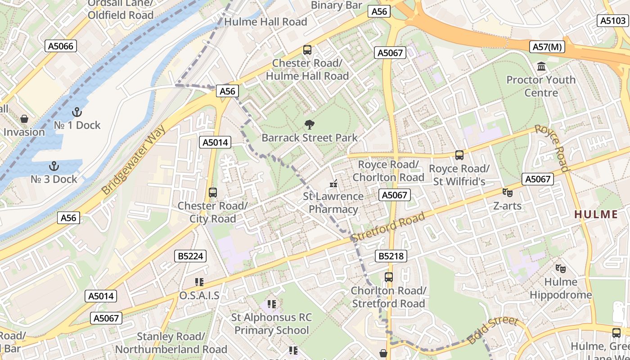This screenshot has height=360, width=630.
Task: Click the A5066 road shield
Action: [61, 45]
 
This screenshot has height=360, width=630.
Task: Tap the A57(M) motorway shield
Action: [548, 46]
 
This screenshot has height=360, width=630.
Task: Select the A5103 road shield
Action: [612, 20]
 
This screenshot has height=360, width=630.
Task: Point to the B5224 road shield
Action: [191, 256]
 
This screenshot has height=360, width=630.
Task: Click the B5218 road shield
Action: [391, 256]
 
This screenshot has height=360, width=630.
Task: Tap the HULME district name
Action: [602, 214]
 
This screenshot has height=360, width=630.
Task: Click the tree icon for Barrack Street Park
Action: [309, 125]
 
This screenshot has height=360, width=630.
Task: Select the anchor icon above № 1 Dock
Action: [77, 112]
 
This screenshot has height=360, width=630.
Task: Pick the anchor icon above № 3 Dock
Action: [54, 166]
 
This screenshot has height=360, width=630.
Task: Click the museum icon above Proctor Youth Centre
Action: [541, 67]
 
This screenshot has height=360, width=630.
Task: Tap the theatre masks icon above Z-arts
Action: [508, 193]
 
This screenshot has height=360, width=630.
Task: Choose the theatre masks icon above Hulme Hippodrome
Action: [561, 269]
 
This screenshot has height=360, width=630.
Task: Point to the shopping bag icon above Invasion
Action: [24, 119]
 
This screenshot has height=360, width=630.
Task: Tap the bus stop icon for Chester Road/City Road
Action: [213, 193]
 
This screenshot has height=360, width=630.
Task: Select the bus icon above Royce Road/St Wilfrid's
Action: [459, 155]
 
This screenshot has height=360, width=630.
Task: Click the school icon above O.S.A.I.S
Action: [199, 282]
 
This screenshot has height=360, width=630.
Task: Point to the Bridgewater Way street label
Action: [133, 161]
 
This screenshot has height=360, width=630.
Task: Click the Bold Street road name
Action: [493, 330]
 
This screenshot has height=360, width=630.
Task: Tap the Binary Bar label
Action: [337, 5]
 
